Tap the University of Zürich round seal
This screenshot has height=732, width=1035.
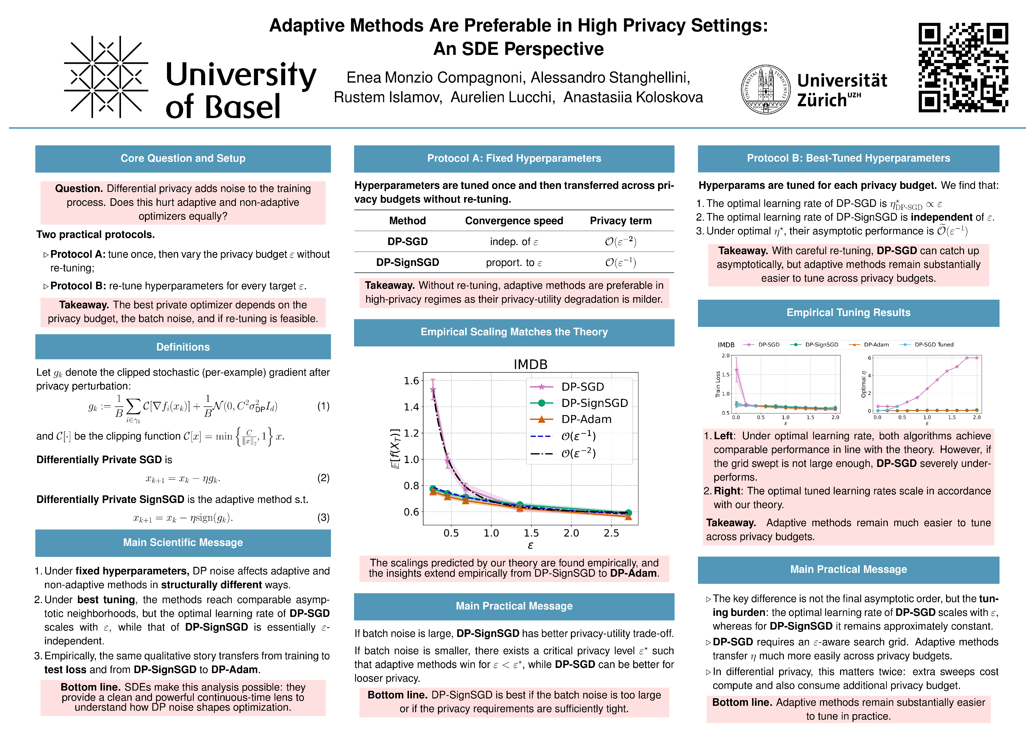pyautogui.click(x=765, y=89)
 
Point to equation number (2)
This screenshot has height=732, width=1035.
pyautogui.click(x=323, y=478)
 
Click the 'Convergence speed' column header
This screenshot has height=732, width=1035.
pyautogui.click(x=514, y=221)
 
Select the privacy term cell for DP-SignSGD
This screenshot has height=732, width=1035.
pyautogui.click(x=620, y=262)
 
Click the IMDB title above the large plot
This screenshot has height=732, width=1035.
pyautogui.click(x=530, y=364)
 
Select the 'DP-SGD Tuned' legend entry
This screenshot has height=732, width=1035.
pyautogui.click(x=934, y=345)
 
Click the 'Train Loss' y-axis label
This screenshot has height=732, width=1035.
pyautogui.click(x=718, y=384)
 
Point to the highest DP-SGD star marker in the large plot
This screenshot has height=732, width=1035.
pyautogui.click(x=433, y=389)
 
